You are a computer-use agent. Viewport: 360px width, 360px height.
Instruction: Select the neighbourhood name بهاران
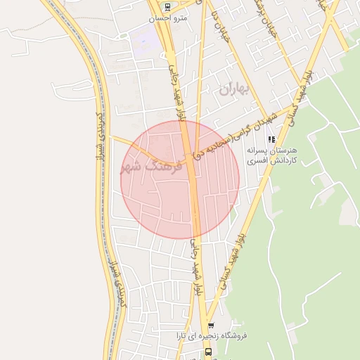point(233,89)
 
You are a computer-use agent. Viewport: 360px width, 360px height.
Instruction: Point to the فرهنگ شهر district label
point(150,167)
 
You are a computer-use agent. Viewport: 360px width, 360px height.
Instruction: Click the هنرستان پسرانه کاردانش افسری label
point(273,155)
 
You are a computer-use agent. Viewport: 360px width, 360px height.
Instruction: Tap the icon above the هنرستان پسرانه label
point(272,139)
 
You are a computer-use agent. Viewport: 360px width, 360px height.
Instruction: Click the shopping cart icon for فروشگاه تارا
point(211,326)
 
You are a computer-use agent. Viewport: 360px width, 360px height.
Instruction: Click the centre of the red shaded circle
point(180,180)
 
